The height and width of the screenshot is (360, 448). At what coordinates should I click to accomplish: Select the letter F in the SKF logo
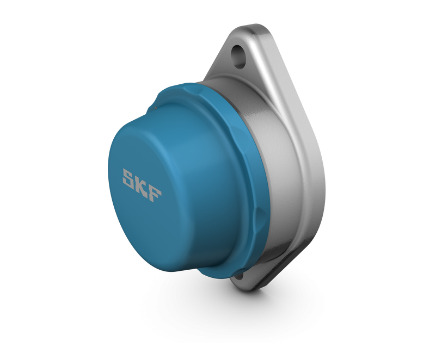coord(155,194)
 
